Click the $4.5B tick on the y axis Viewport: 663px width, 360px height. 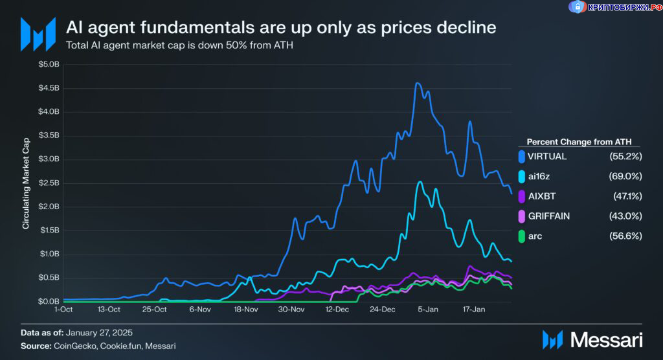tap(48, 88)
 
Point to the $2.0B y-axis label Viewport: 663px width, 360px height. tap(48, 207)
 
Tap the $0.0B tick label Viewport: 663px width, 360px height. tap(48, 302)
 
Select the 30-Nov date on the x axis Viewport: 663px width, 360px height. tap(291, 310)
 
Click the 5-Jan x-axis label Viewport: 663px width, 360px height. tap(428, 310)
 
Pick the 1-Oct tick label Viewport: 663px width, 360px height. tap(63, 310)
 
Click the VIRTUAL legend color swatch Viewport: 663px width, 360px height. tap(522, 157)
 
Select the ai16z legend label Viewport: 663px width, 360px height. tap(539, 176)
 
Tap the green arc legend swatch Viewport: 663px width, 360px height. tap(522, 236)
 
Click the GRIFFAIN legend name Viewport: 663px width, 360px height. tap(549, 216)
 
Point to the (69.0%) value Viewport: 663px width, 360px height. tap(625, 176)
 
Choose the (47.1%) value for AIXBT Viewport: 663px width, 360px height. tap(627, 196)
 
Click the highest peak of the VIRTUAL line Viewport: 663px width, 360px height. tap(418, 84)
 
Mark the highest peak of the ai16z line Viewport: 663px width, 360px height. tap(420, 182)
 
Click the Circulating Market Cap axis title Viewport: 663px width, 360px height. tap(27, 183)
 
